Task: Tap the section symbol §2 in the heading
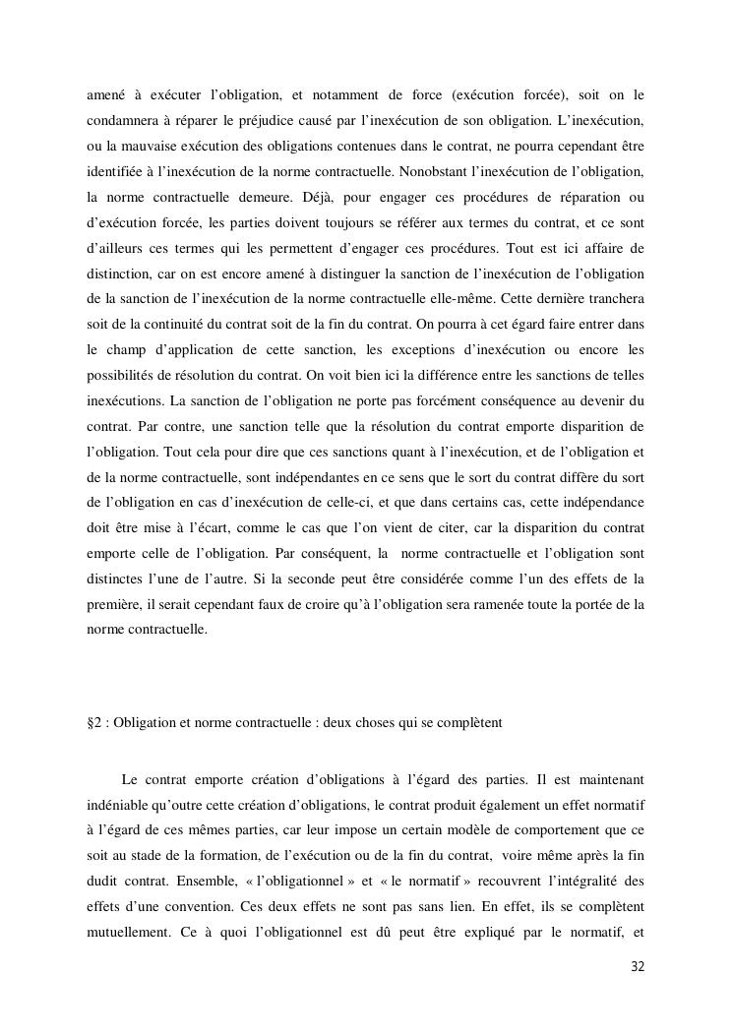tap(97, 722)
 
